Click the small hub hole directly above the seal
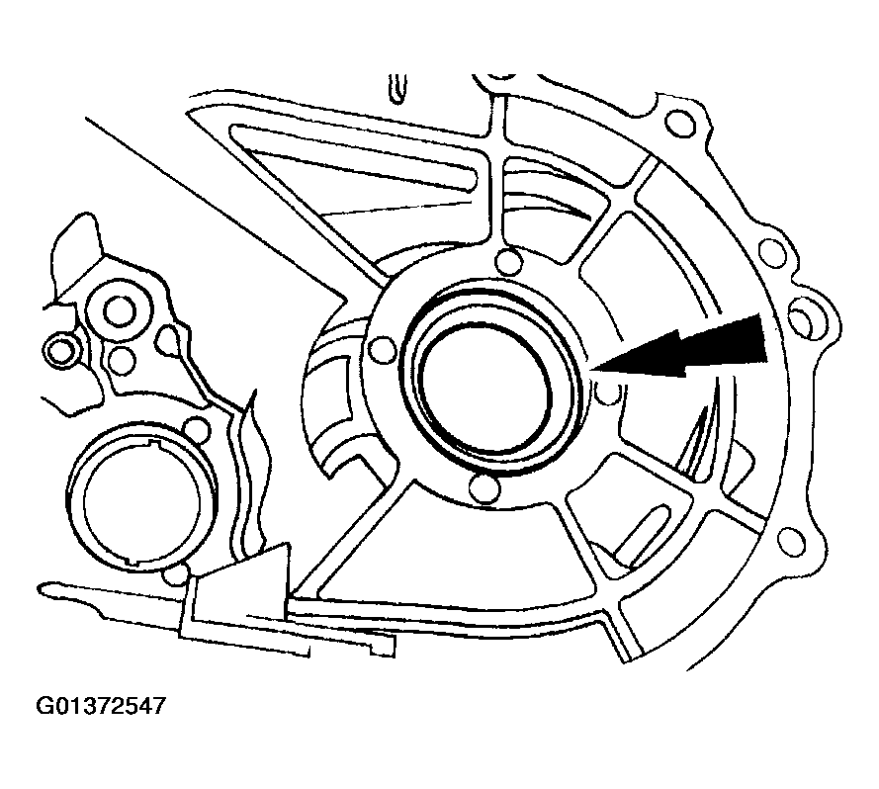tap(507, 263)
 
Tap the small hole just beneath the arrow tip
tap(610, 394)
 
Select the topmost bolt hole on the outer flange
tap(680, 124)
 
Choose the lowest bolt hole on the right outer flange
tap(790, 540)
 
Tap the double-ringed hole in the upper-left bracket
tap(117, 311)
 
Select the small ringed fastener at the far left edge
tap(60, 348)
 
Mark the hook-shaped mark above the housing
tap(398, 87)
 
